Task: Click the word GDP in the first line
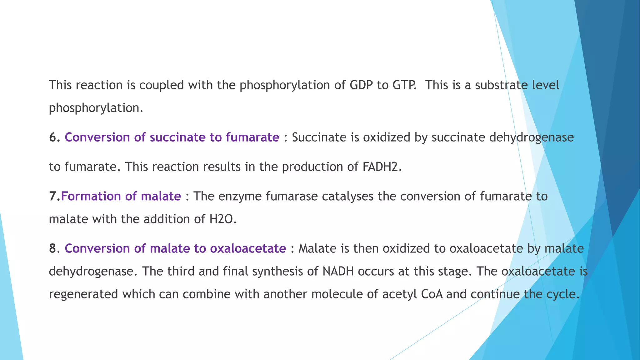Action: click(x=361, y=85)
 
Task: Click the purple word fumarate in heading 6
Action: click(x=252, y=137)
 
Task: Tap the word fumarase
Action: click(x=292, y=196)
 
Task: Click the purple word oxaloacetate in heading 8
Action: click(x=248, y=248)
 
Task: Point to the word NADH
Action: click(x=338, y=271)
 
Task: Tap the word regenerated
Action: click(x=83, y=294)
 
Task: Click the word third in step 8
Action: click(x=181, y=271)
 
